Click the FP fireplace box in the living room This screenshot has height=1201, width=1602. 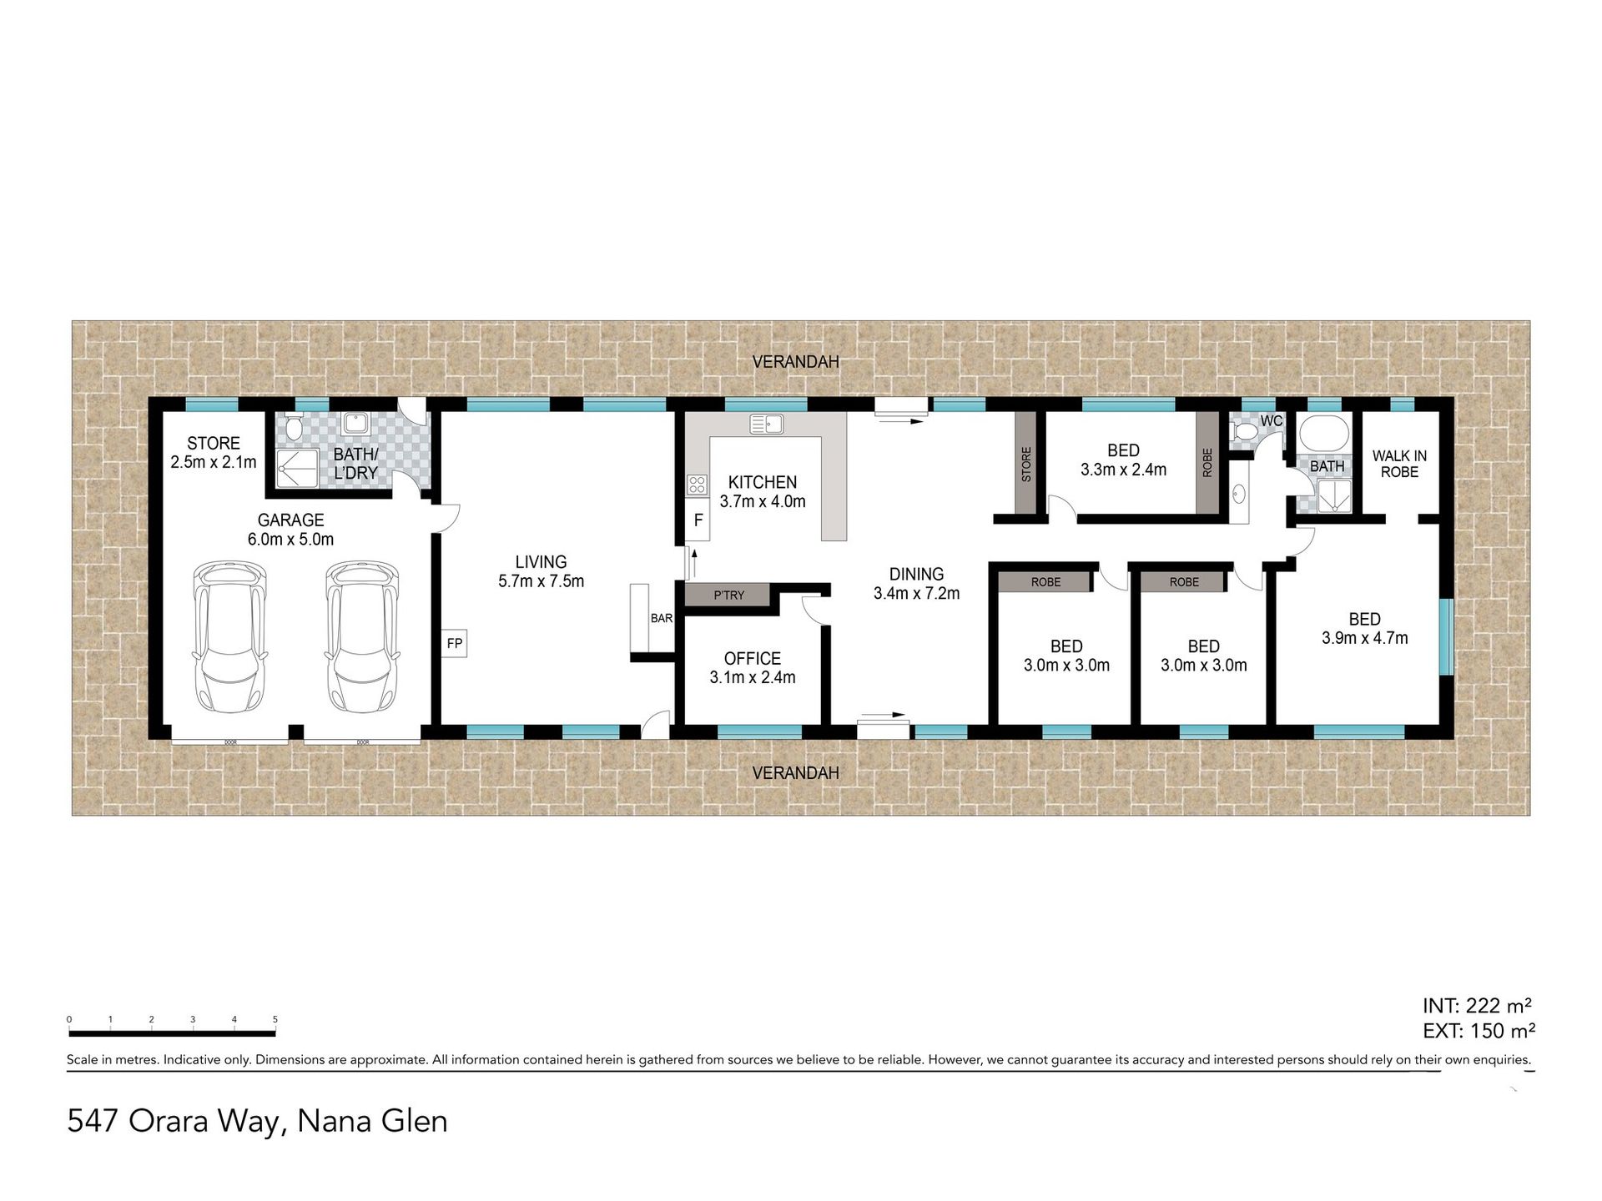click(x=454, y=643)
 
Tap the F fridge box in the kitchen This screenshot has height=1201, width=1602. click(x=698, y=520)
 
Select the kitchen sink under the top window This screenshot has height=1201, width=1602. click(x=766, y=424)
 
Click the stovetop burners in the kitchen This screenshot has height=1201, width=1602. click(x=697, y=484)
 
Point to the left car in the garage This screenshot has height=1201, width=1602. click(x=230, y=636)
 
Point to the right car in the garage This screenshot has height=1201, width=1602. click(x=362, y=636)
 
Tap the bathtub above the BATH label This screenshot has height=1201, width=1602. click(x=1323, y=432)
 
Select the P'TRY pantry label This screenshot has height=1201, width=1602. click(x=728, y=595)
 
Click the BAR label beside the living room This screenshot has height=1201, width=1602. click(x=661, y=618)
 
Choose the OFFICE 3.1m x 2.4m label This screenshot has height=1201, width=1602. click(x=752, y=668)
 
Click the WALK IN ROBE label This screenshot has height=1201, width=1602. click(x=1399, y=464)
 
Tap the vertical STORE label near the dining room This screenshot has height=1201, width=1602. click(x=1026, y=465)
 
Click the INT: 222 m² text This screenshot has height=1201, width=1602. click(x=1477, y=1005)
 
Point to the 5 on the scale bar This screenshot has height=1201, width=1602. click(x=275, y=1019)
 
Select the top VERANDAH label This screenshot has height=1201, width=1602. click(x=795, y=362)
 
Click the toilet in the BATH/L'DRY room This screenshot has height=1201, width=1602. click(x=293, y=428)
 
